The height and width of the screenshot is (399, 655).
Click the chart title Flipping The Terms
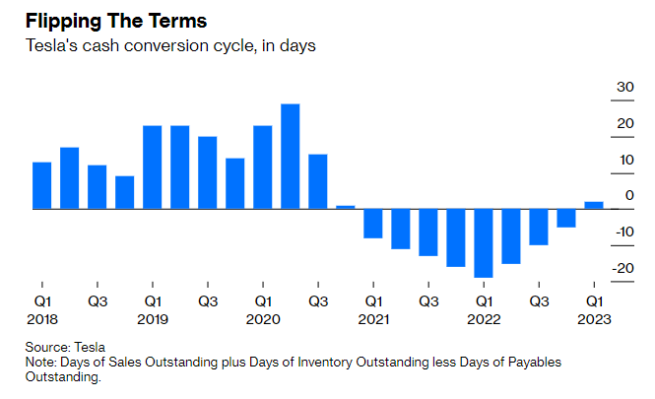(109, 21)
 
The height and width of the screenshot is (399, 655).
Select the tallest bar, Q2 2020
(290, 157)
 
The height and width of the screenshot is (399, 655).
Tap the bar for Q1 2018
(41, 185)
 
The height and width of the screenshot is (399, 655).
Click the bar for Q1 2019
(152, 167)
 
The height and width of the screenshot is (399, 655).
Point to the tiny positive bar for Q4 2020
(345, 207)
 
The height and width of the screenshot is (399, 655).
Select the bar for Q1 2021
(372, 223)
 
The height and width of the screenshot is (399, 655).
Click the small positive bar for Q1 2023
(593, 205)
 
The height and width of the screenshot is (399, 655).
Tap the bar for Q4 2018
(124, 192)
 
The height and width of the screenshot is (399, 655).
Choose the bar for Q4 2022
(565, 218)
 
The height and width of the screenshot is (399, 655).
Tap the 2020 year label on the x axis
(263, 319)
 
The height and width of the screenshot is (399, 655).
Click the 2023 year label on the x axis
(595, 319)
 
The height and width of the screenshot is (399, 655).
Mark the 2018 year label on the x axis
(42, 319)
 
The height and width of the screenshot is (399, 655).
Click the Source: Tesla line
(66, 348)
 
